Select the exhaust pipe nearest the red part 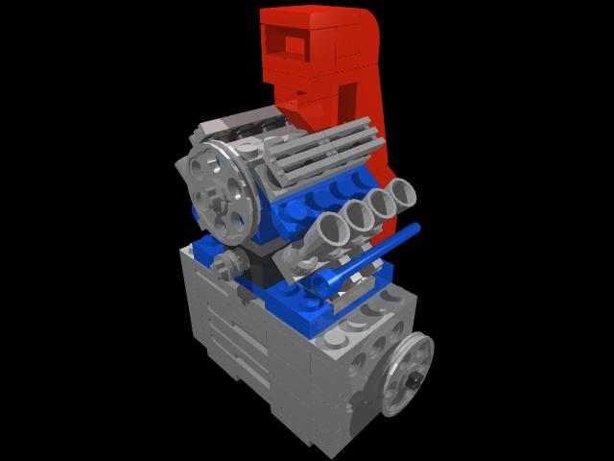402,197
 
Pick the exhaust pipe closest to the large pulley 332,228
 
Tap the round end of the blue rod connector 328,282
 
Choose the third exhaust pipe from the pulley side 381,206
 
